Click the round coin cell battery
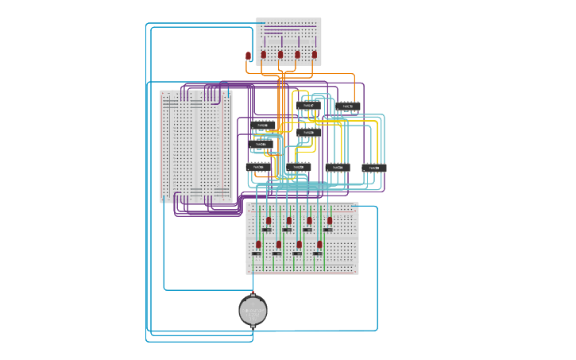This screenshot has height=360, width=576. coord(253,310)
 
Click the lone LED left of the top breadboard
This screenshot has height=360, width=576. coord(248,56)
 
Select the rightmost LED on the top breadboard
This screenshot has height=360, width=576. coord(315,55)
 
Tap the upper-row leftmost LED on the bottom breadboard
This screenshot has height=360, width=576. coord(269,220)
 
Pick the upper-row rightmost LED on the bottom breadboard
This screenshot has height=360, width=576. coord(329,220)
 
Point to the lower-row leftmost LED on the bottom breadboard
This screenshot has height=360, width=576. coord(258,244)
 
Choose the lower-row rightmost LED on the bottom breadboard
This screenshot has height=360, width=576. coord(319,244)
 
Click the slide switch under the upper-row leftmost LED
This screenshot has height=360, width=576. coord(267,230)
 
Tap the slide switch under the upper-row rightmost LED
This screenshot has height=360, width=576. coord(327,230)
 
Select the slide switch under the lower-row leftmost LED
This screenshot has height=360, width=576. coord(257,254)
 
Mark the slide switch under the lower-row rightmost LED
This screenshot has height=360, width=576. coord(318,254)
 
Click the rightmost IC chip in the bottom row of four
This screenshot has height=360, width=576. coord(374,168)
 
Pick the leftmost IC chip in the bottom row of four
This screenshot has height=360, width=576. coord(258,167)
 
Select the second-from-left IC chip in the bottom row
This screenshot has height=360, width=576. coord(298,167)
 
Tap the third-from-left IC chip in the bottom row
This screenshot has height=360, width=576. coord(337,167)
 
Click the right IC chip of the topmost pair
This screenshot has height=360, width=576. coord(348,106)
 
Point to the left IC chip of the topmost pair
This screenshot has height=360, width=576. coord(308,106)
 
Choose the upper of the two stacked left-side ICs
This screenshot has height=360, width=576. coord(263,126)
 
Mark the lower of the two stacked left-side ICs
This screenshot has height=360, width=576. coord(261,145)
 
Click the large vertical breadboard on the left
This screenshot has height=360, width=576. coord(195,146)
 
